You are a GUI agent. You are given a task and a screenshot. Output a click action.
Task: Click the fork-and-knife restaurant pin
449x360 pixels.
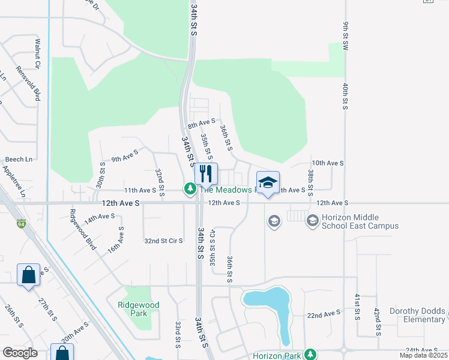coord(206,173)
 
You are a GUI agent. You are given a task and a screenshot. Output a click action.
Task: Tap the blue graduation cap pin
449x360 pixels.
coord(268,182)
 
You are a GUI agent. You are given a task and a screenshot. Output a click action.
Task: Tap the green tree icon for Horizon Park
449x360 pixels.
coord(310,355)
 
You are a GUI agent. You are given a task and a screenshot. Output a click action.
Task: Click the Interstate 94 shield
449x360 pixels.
coord(21,223)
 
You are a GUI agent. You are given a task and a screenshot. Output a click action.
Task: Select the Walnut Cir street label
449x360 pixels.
coord(37,53)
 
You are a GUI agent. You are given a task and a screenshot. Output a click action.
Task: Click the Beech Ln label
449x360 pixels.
coord(19,159)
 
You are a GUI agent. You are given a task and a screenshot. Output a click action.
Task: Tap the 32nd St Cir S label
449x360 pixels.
coord(163,241)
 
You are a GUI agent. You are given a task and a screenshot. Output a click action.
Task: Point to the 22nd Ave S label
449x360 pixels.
coord(324,314)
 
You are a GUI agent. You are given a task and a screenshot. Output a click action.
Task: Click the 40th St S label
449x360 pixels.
coord(346,96)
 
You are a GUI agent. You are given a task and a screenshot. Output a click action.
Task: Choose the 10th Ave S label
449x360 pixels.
coord(327,163)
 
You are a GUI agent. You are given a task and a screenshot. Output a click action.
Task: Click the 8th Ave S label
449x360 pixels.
coord(201,124)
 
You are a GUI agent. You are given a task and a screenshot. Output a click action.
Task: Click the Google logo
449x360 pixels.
coord(20,353)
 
